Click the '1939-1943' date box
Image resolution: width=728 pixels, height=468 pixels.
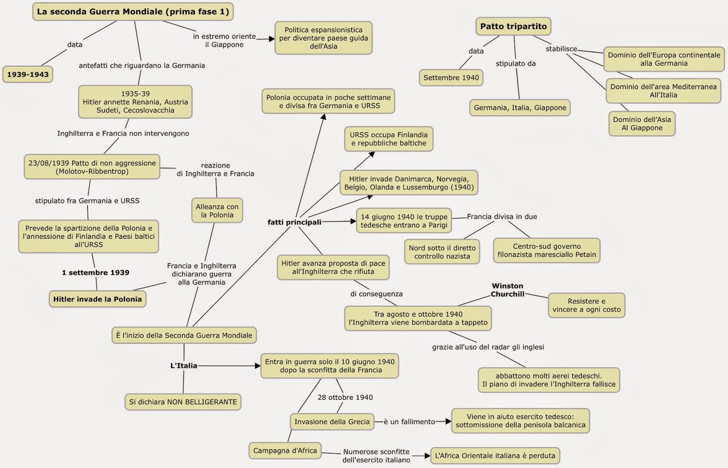pos(28,75)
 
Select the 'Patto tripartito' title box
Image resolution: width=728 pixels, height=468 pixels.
pos(513,26)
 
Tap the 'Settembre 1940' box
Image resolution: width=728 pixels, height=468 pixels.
pos(451,78)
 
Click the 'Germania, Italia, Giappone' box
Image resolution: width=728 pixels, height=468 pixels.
pos(520,108)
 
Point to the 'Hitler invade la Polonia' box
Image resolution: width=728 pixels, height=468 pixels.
pos(97,299)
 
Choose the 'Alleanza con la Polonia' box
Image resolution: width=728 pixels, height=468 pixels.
pos(217,211)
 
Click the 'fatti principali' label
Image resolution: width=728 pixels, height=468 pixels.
pos(294,222)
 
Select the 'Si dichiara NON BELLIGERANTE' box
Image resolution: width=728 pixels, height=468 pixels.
pos(183,402)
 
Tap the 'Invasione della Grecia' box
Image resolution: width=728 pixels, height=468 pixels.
pos(332,422)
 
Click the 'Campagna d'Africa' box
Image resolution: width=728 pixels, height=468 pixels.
pos(285,451)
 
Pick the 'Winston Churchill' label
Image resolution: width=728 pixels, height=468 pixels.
pos(507,290)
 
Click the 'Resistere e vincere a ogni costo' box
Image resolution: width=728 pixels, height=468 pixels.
pos(586,305)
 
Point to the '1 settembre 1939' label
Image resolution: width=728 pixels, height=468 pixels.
pos(96,272)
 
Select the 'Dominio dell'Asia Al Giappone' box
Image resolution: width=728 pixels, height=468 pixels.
pos(642,124)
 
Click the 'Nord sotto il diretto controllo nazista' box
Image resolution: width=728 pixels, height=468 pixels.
pos(442,252)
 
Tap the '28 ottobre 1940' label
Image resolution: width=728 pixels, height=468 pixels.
pos(345,398)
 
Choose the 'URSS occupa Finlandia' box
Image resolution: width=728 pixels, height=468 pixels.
pos(389,139)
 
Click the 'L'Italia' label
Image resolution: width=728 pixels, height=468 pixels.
pos(184,366)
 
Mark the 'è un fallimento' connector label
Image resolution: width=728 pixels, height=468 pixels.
pos(409,422)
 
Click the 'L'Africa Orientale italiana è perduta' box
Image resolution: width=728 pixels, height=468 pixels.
pos(495,455)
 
